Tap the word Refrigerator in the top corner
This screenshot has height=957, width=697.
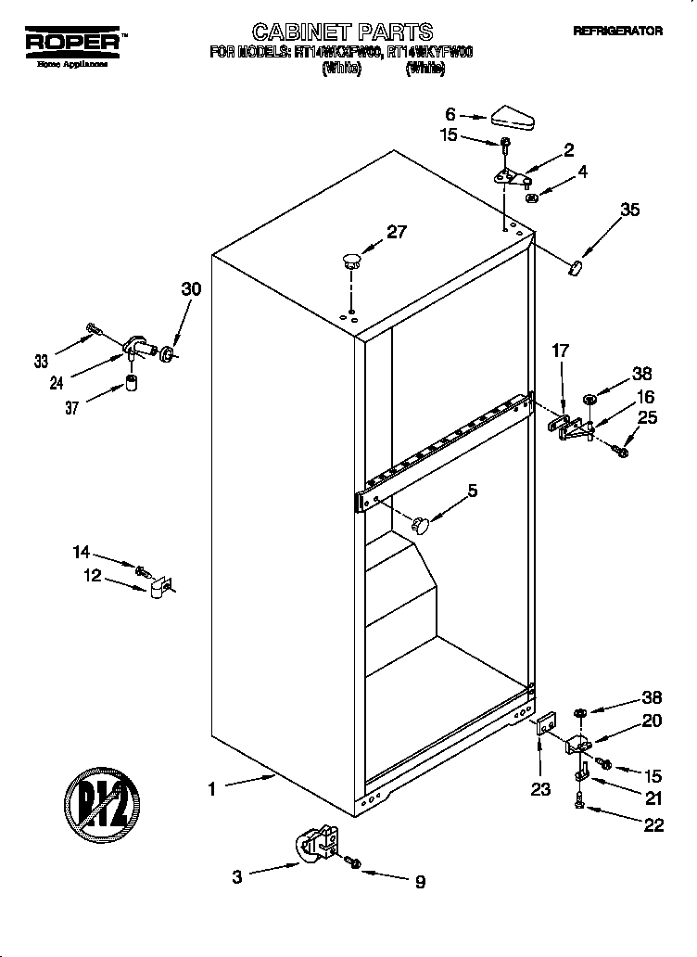[617, 31]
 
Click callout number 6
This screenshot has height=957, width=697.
[450, 114]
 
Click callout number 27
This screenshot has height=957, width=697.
[396, 233]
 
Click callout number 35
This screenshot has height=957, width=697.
[629, 210]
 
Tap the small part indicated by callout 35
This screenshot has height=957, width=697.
[575, 268]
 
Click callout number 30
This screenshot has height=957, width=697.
[190, 289]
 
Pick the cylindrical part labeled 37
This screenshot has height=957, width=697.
[132, 383]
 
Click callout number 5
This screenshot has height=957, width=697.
[472, 491]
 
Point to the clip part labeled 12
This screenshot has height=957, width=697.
[158, 585]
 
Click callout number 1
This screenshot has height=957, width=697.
[212, 789]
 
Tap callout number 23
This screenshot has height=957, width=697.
[539, 789]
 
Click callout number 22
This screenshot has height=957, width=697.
[653, 825]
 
